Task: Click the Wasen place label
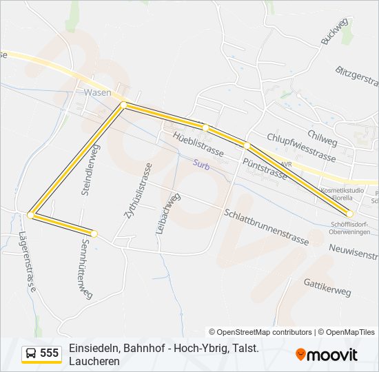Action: click(97, 92)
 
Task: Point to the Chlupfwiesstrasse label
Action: click(301, 147)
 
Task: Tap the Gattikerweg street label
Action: click(327, 287)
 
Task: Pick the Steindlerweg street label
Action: click(91, 170)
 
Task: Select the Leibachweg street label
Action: click(167, 214)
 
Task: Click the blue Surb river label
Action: click(201, 165)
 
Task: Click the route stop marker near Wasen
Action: click(123, 105)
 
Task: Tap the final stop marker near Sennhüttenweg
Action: click(94, 234)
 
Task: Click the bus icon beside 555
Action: click(32, 353)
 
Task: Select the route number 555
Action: click(50, 353)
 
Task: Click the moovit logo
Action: click(327, 355)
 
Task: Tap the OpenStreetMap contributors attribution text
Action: click(260, 332)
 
